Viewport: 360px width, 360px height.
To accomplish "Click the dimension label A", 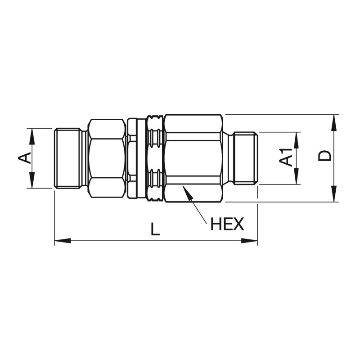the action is tap(25, 158).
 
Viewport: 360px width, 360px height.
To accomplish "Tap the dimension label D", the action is tap(324, 156).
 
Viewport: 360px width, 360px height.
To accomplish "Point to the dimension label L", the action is tap(155, 229).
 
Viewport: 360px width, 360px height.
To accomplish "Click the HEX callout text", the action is tap(227, 224).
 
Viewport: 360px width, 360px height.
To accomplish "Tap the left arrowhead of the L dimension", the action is tap(63, 241).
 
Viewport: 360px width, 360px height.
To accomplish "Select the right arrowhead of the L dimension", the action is tap(250, 241).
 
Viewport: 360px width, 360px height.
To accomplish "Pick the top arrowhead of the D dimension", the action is tap(335, 123).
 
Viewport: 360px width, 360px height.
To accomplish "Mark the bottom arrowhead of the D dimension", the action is tap(335, 194).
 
